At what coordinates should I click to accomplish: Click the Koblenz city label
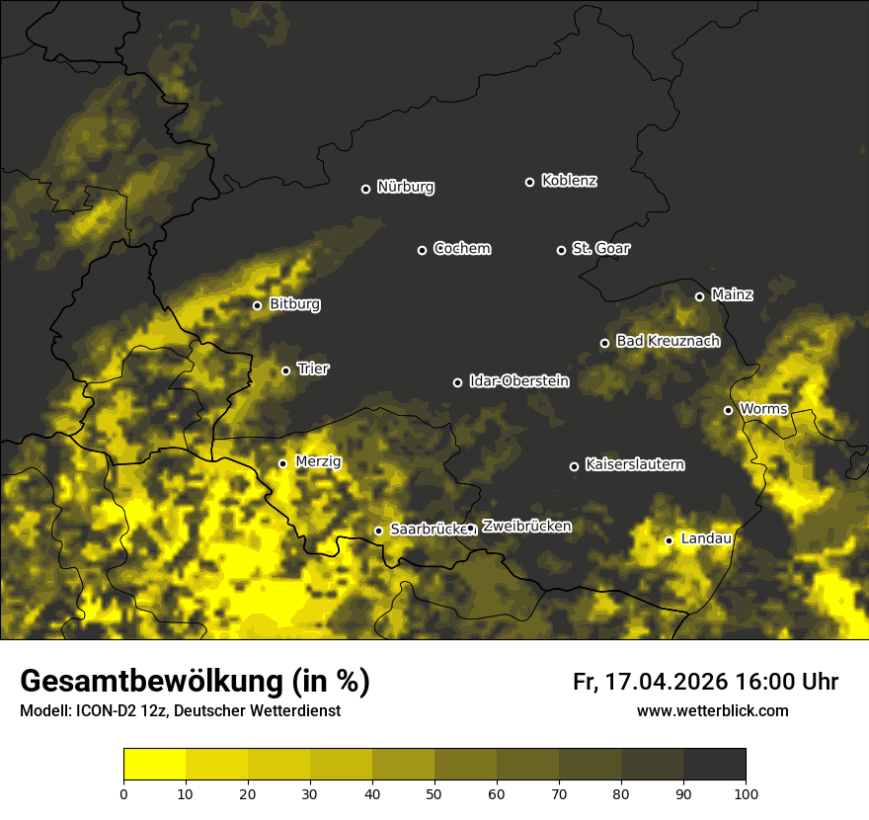(569, 181)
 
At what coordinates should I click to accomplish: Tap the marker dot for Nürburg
(365, 189)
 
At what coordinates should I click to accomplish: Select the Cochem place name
(461, 248)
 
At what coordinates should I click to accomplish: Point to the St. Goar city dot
(561, 250)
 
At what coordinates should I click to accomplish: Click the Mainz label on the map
(732, 294)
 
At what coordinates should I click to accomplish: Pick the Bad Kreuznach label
(668, 341)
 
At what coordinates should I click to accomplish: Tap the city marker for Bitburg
(257, 305)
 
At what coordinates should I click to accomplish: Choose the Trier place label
(312, 369)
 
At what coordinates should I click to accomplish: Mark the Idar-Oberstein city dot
(457, 382)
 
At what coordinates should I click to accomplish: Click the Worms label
(762, 408)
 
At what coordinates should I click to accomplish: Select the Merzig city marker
(282, 463)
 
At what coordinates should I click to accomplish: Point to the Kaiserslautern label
(634, 464)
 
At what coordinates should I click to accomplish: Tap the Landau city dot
(669, 540)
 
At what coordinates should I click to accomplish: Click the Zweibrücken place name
(526, 526)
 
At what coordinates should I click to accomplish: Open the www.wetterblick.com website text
(712, 710)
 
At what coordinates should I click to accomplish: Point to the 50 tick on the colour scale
(434, 792)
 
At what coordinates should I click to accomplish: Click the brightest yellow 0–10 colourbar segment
(154, 764)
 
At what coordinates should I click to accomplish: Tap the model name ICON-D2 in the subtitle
(102, 711)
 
